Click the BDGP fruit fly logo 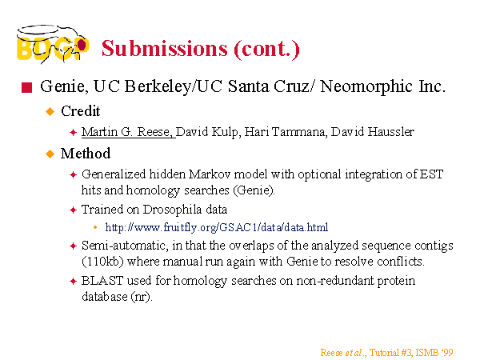pos(53,44)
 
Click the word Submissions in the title pos(164,48)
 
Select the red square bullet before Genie pos(27,87)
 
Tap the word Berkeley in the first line pos(158,86)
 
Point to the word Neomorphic pos(366,86)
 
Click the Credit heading pos(81,111)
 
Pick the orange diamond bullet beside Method pos(50,154)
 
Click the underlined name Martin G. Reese pos(128,132)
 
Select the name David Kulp pos(206,132)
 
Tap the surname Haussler pos(391,132)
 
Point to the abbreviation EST pos(432,174)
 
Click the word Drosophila pos(172,210)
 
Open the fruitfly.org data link pos(217,227)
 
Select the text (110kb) pos(102,262)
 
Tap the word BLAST pos(102,281)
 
